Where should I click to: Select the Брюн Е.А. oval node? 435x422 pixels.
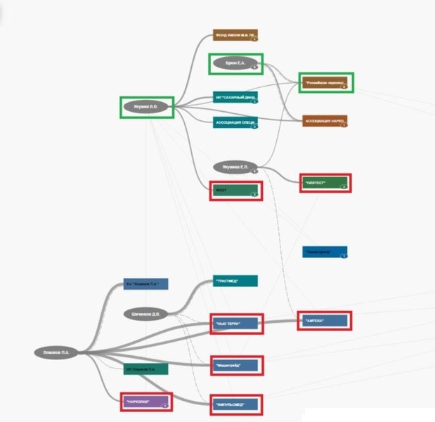(x=235, y=64)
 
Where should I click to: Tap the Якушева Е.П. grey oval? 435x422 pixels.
(x=235, y=167)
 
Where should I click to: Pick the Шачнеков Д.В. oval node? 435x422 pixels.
(x=146, y=314)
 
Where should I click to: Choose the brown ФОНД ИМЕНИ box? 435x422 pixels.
(x=235, y=35)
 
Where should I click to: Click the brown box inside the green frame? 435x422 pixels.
(x=325, y=82)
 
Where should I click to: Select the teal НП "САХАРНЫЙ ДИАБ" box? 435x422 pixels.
(x=235, y=98)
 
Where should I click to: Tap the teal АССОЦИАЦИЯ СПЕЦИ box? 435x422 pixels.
(x=235, y=122)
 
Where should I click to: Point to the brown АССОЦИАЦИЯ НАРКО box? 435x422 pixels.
(x=325, y=121)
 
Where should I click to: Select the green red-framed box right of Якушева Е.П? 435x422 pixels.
(x=325, y=184)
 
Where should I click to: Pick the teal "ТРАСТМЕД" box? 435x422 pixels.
(x=235, y=281)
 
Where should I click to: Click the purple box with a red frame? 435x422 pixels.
(x=145, y=402)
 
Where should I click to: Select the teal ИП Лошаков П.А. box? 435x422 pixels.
(x=146, y=369)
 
